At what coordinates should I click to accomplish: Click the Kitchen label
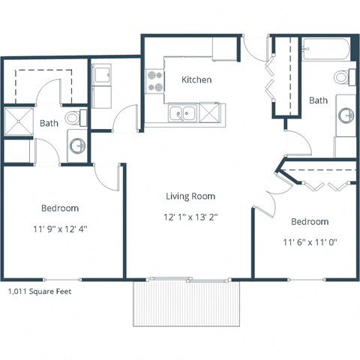196,79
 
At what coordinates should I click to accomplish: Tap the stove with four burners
156,81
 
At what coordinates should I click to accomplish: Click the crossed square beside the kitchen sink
210,114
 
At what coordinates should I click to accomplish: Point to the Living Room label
190,196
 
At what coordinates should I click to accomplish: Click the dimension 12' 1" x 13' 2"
190,217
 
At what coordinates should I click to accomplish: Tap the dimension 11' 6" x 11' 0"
309,242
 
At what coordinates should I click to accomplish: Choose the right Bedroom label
309,222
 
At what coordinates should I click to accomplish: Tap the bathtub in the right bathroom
324,51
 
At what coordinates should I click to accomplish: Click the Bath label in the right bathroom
318,100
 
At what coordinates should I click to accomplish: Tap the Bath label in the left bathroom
49,124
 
